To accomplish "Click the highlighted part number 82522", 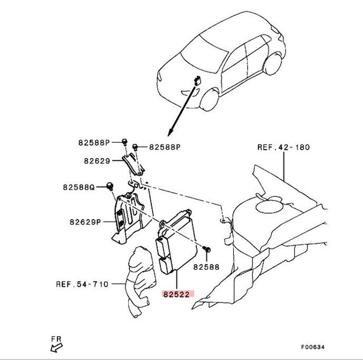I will click(178, 295).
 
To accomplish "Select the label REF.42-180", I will click(284, 147).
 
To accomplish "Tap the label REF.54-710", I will click(82, 284).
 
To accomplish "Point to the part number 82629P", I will click(85, 222).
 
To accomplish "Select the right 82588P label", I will click(164, 147).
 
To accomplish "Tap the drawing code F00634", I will click(313, 346).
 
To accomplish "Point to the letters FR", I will click(56, 338).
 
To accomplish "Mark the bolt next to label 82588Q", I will click(110, 186).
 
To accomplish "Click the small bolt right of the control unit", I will click(208, 249).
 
